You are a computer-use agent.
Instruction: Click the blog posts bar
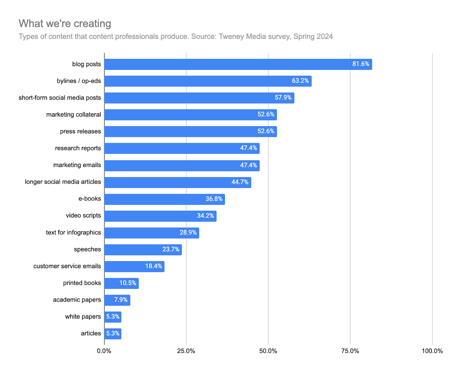coord(238,64)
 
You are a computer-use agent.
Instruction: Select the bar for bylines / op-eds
coord(208,81)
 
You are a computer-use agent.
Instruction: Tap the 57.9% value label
coord(283,97)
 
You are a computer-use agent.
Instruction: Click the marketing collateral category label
coord(74,115)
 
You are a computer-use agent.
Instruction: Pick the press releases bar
coord(191,132)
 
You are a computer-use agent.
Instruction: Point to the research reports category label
coord(78,148)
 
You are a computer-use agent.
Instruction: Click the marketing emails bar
coord(182,166)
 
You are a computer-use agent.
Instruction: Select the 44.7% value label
coord(240,182)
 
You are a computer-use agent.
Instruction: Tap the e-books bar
coord(164,199)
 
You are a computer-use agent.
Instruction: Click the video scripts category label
coord(83,216)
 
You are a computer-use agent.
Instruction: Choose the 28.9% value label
coord(188,232)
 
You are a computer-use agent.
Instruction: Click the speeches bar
coord(143,250)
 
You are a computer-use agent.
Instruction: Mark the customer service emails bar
coord(134,267)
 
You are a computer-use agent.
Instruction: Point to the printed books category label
coord(82,283)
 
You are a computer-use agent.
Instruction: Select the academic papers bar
coord(117,300)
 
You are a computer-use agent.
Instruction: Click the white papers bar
coord(113,317)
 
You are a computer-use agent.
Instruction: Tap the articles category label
coord(91,334)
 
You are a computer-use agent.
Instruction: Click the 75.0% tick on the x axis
coord(350,351)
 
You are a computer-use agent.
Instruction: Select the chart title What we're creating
coord(65,24)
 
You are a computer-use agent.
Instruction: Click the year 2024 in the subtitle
coord(324,37)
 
